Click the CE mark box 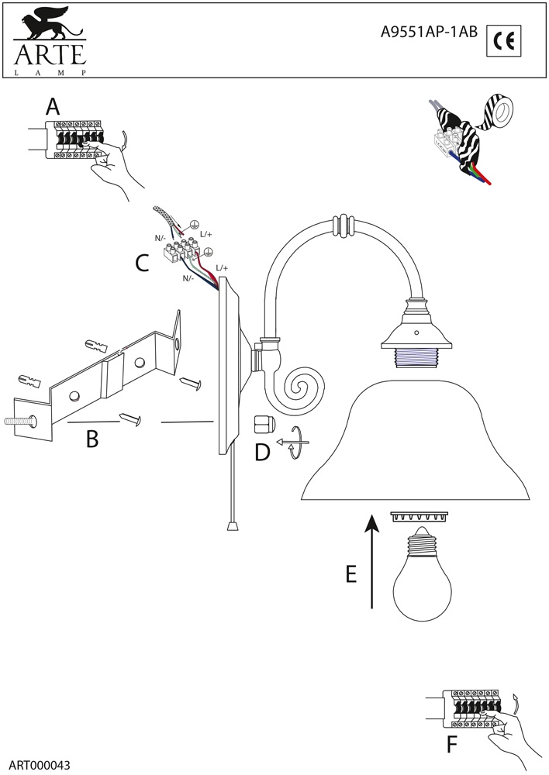point(504,41)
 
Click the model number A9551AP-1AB point(430,33)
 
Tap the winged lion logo point(48,27)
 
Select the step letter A point(53,106)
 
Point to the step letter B point(92,439)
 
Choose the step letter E point(350,574)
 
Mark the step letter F point(453,745)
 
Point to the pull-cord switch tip point(232,526)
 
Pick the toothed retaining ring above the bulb point(419,515)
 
